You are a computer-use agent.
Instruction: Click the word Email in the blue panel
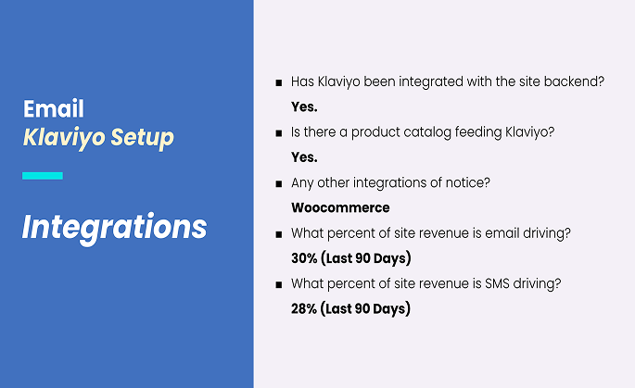click(54, 108)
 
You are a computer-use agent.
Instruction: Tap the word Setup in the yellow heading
click(142, 138)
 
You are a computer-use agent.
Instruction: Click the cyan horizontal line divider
click(43, 176)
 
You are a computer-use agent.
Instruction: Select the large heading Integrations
click(114, 228)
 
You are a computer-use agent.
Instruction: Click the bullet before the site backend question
click(279, 83)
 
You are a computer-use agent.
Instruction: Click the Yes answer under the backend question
click(304, 106)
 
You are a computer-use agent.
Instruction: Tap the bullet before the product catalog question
click(279, 133)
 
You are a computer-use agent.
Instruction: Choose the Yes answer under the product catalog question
click(304, 157)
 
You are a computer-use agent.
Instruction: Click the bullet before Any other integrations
click(279, 184)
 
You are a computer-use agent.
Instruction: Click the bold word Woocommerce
click(340, 207)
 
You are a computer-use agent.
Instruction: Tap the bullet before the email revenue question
click(279, 234)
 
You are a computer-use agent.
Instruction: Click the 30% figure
click(304, 258)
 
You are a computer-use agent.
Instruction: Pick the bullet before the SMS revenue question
click(279, 285)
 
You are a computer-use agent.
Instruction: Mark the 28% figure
click(304, 308)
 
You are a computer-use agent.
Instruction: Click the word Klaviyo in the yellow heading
click(64, 138)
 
